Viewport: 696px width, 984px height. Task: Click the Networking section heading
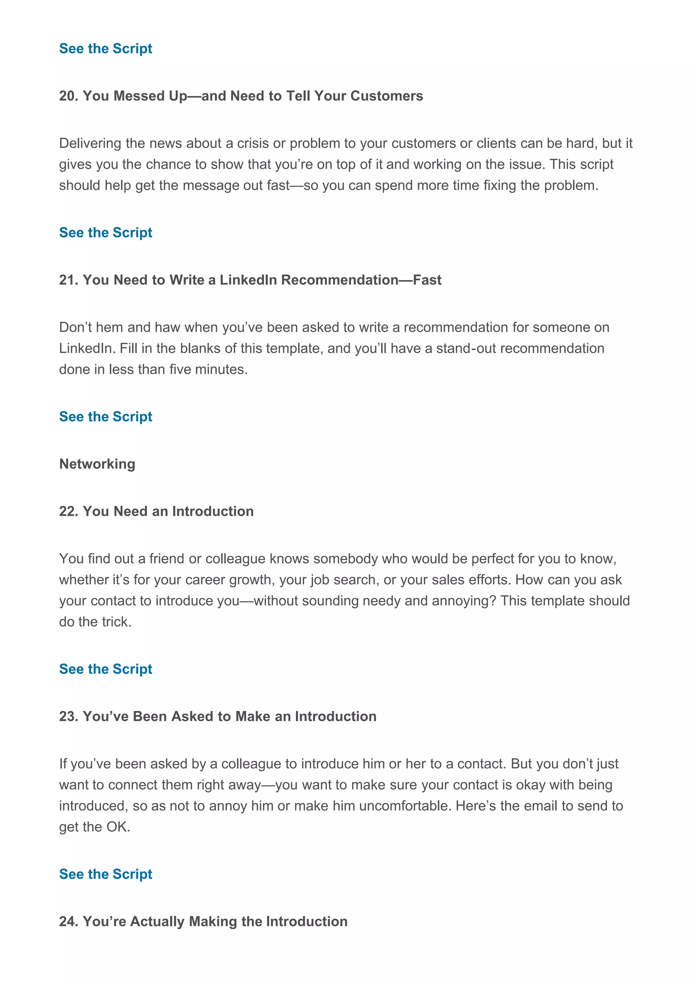(x=97, y=464)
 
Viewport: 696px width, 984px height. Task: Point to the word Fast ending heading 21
(x=427, y=280)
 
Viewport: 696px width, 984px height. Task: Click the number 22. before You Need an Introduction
(x=69, y=511)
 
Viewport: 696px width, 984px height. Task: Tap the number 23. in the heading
(x=69, y=716)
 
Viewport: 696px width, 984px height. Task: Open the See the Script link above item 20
(x=105, y=49)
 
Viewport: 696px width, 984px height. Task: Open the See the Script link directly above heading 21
(x=105, y=232)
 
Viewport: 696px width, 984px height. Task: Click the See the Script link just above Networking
(x=105, y=417)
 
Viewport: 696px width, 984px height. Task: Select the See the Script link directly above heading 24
(x=105, y=874)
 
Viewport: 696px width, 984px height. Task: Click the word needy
(x=381, y=601)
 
